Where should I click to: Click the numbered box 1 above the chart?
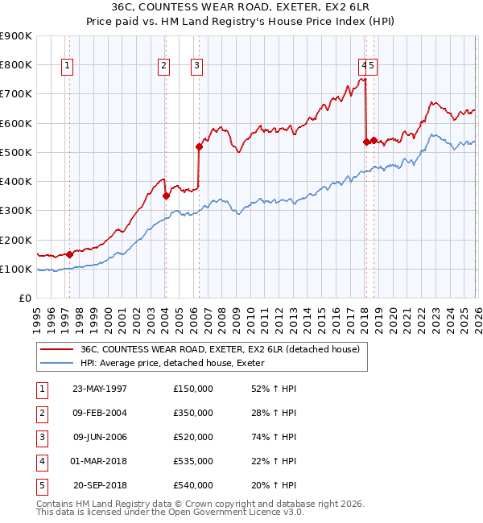coord(68,67)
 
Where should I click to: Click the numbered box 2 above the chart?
coord(164,67)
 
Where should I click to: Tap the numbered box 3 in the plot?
coord(197,67)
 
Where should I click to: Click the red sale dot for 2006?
coord(198,146)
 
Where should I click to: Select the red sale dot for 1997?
coord(70,254)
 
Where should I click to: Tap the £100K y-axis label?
coord(15,269)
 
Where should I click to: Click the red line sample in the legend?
coord(56,349)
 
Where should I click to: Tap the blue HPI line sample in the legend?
coord(56,363)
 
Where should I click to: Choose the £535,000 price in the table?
coord(193,461)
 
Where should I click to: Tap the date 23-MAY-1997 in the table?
coord(100,389)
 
